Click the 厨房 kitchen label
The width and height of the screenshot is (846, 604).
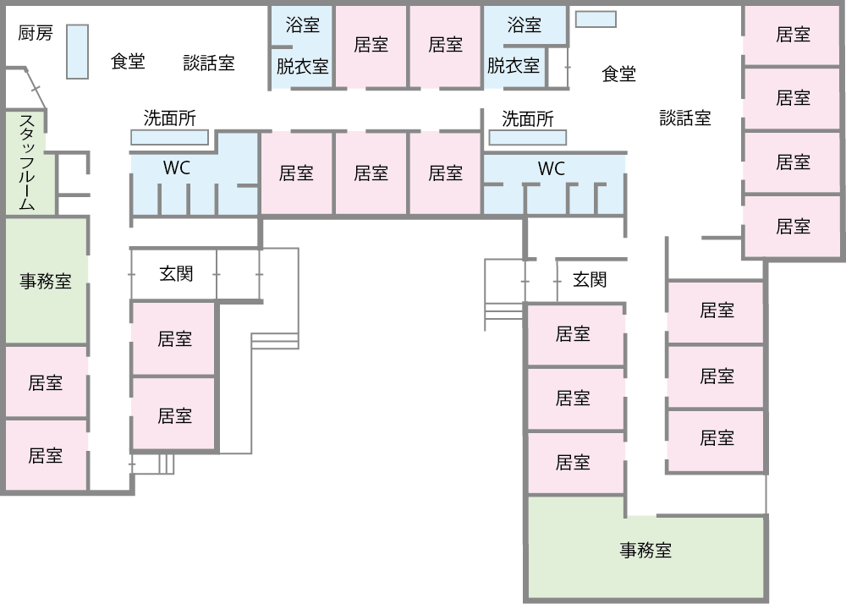tap(36, 33)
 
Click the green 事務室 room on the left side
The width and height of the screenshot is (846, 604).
tap(46, 282)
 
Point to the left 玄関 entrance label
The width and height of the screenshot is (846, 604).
tap(176, 273)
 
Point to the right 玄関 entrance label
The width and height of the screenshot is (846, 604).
tap(590, 279)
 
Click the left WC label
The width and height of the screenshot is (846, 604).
tap(177, 168)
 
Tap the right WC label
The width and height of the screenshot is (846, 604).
tap(551, 169)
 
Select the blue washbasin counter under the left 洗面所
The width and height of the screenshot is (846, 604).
tap(169, 137)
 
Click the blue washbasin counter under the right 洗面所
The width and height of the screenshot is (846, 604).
tap(528, 137)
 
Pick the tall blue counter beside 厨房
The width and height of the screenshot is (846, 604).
tap(77, 52)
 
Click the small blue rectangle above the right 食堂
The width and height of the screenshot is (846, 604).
tap(596, 19)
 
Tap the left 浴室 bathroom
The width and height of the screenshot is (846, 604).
tap(302, 25)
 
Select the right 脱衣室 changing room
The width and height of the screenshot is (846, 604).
tap(514, 65)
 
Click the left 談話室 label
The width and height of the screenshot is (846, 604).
tap(209, 63)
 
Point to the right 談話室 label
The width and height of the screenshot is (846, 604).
tap(685, 118)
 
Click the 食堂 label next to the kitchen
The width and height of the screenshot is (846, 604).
tap(128, 62)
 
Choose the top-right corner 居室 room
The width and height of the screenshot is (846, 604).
tap(793, 35)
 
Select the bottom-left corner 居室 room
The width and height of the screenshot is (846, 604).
tap(46, 455)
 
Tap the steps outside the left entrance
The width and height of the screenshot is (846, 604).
tap(275, 340)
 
